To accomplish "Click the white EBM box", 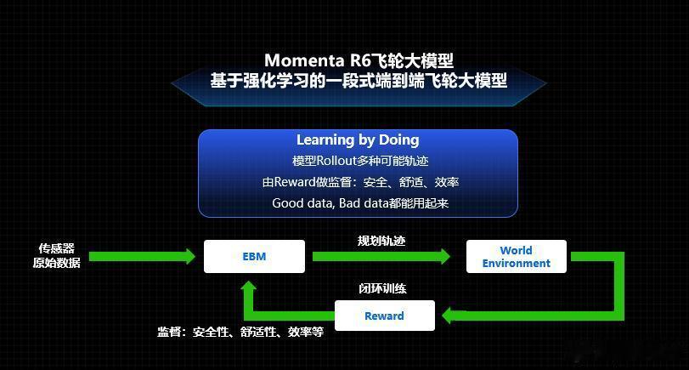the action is click(x=254, y=256).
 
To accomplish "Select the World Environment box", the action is click(x=517, y=257).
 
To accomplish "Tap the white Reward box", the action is click(x=385, y=316).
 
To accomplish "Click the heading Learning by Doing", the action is click(x=358, y=139).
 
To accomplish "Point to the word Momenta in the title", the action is click(x=304, y=60).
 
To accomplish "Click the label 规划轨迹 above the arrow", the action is click(x=381, y=241).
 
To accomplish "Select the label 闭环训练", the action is click(x=382, y=288).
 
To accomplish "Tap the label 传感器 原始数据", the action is click(x=57, y=256).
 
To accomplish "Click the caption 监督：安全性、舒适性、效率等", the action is click(x=240, y=332).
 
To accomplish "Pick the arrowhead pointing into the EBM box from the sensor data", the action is click(x=190, y=256).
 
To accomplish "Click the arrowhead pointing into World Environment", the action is click(x=445, y=256).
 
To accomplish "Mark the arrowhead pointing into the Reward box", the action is click(x=448, y=316).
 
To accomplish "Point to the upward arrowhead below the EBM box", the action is click(x=249, y=286).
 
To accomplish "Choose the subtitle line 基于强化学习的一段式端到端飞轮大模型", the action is click(x=359, y=81).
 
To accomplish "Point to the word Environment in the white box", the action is click(x=517, y=263).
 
